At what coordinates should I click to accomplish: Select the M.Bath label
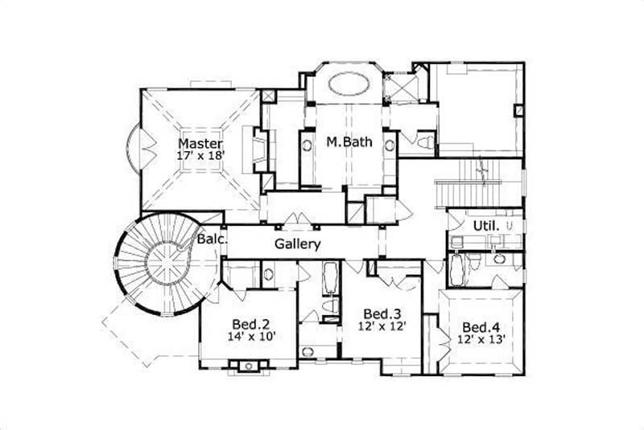click(x=349, y=143)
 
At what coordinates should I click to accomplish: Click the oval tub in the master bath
click(x=348, y=83)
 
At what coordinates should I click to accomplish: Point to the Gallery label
click(x=298, y=244)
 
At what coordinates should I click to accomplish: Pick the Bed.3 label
click(x=377, y=313)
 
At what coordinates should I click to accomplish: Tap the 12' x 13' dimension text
click(x=480, y=340)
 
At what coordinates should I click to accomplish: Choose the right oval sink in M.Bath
click(x=390, y=145)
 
